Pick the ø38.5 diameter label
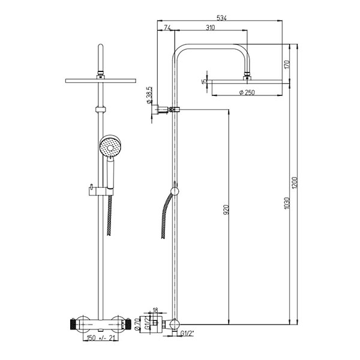point(149,95)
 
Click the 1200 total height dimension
point(294,180)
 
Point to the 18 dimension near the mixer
point(155,311)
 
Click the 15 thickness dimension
point(204,80)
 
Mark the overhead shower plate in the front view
point(100,80)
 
